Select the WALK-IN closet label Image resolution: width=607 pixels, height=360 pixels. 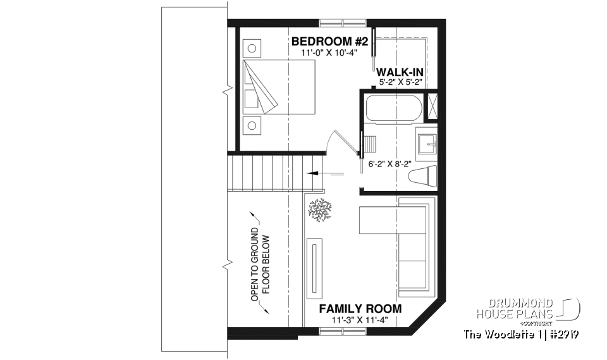coord(400,73)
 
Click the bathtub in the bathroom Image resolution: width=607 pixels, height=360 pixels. coord(393,109)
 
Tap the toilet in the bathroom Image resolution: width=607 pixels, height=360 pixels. coord(423,177)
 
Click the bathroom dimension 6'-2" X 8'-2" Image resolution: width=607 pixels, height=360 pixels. coord(390,163)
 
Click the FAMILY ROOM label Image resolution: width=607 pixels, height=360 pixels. coord(360,309)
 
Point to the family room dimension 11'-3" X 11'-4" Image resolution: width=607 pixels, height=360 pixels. coord(360,320)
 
